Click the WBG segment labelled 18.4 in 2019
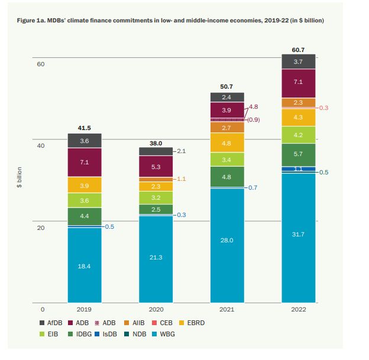click(84, 266)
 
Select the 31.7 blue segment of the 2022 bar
click(299, 235)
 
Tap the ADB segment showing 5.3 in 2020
click(156, 167)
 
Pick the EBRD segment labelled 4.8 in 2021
click(227, 142)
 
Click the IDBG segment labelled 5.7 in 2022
click(299, 154)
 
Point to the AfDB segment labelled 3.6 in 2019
click(84, 141)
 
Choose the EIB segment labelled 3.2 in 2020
click(156, 197)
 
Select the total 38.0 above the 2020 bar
click(156, 142)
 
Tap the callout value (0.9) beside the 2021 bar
click(253, 119)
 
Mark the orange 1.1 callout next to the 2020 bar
click(182, 179)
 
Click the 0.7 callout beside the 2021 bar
click(253, 187)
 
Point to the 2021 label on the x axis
click(227, 309)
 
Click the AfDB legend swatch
click(42, 323)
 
